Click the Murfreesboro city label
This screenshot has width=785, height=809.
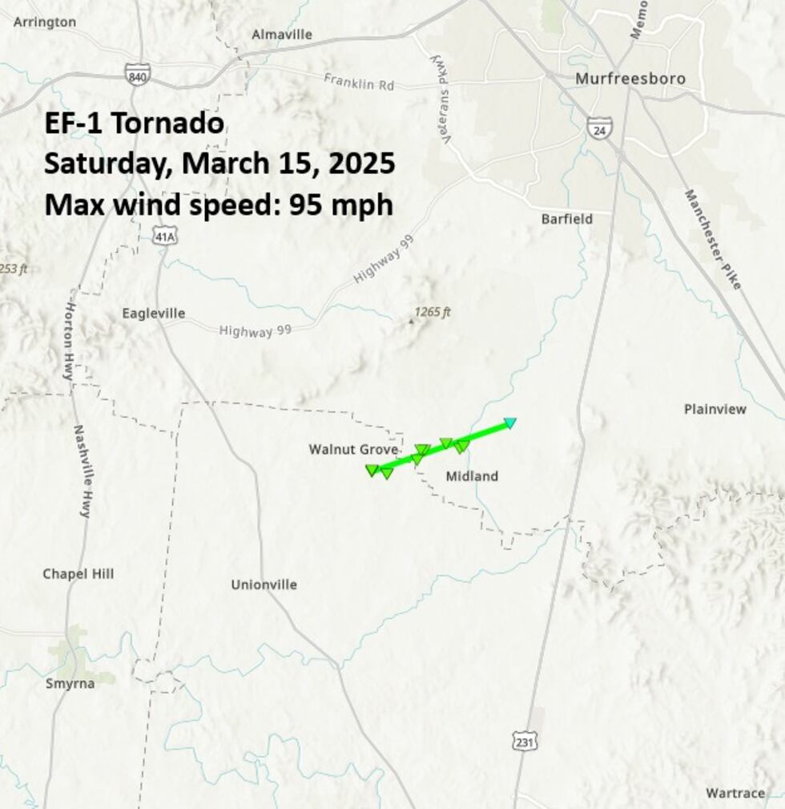click(x=630, y=79)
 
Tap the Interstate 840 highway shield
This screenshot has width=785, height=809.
click(x=137, y=75)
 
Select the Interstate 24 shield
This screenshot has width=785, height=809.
click(x=598, y=127)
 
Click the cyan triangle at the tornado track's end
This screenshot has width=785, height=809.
click(x=510, y=423)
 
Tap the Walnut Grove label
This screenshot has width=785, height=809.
click(x=353, y=450)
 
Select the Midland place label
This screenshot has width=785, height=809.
click(x=472, y=476)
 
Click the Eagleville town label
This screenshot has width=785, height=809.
click(x=153, y=313)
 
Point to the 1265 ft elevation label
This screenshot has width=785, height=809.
click(x=433, y=312)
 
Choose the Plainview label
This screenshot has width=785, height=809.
click(x=715, y=409)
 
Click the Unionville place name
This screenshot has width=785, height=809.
click(x=264, y=585)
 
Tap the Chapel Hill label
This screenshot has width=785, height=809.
click(x=78, y=573)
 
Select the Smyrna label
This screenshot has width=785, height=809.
click(x=70, y=683)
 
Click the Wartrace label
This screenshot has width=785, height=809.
click(x=735, y=793)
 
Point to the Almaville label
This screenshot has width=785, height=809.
click(x=282, y=34)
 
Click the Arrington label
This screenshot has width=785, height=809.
click(x=45, y=22)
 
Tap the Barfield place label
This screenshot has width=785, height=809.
click(x=566, y=219)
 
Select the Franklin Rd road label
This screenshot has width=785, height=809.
click(x=359, y=82)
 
